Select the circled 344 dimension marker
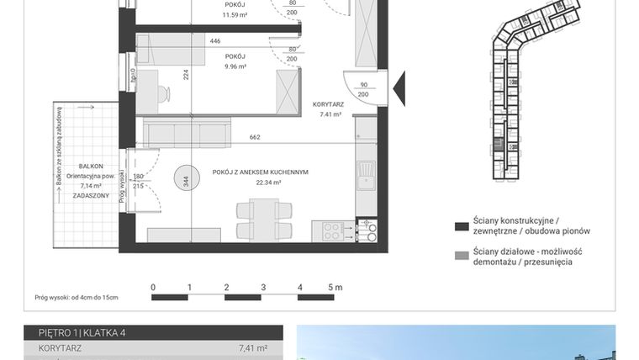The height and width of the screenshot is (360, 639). pyautogui.click(x=186, y=179)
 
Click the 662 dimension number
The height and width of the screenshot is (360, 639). pyautogui.click(x=254, y=137)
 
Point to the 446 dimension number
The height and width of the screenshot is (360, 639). pyautogui.click(x=215, y=40)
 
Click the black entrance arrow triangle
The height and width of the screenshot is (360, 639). pyautogui.click(x=400, y=85)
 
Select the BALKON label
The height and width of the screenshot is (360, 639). pyautogui.click(x=91, y=167)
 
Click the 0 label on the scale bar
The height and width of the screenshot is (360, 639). pyautogui.click(x=153, y=288)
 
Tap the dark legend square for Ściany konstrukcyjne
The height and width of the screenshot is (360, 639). pyautogui.click(x=461, y=227)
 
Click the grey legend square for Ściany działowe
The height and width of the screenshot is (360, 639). pyautogui.click(x=461, y=256)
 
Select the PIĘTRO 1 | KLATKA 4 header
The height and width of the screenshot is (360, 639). pyautogui.click(x=76, y=333)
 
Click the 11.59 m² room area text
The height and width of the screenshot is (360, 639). pyautogui.click(x=235, y=14)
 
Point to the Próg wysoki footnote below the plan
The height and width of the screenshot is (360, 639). pyautogui.click(x=77, y=298)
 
